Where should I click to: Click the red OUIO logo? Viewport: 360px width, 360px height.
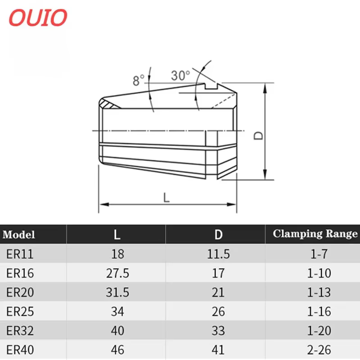38,18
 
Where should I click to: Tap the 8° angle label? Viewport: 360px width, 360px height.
139,81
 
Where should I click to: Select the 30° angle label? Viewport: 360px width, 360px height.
180,75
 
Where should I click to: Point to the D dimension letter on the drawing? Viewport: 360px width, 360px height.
258,135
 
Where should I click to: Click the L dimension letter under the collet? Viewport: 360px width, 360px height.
166,198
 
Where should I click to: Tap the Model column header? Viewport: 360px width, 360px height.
19,234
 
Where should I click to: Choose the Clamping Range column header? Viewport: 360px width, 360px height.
315,234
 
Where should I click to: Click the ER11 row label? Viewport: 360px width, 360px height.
20,254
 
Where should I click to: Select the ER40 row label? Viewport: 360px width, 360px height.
20,350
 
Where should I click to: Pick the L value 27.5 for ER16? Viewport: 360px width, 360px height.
117,273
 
